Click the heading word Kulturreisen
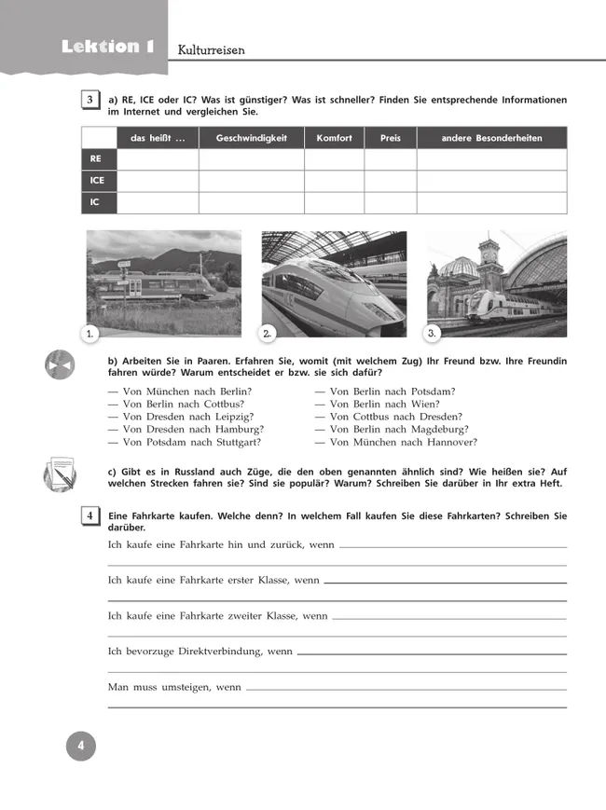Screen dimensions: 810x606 click(211, 50)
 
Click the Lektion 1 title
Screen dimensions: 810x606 click(107, 47)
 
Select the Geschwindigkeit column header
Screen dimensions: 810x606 click(251, 138)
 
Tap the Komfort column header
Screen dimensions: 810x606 click(334, 138)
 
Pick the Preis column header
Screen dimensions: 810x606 click(390, 138)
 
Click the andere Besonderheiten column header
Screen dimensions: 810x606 click(491, 138)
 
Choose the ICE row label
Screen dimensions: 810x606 click(98, 181)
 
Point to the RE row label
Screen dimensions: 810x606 click(96, 159)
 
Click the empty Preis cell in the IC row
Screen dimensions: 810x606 click(390, 202)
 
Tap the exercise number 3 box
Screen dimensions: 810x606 click(90, 101)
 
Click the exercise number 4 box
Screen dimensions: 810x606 click(90, 515)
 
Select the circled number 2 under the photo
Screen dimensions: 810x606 click(266, 333)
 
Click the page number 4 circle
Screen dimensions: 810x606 click(81, 746)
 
